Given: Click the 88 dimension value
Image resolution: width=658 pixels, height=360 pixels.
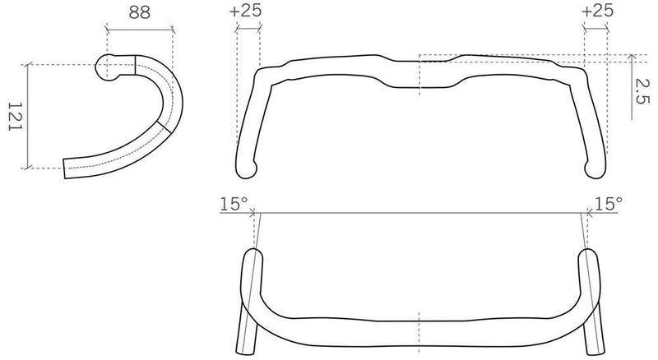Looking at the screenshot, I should pyautogui.click(x=139, y=12).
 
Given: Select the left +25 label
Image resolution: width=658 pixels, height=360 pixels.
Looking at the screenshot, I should pyautogui.click(x=248, y=12).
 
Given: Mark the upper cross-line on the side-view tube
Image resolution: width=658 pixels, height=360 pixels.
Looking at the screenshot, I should pyautogui.click(x=136, y=66).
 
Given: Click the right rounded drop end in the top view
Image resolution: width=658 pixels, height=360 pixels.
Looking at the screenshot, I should pyautogui.click(x=595, y=168).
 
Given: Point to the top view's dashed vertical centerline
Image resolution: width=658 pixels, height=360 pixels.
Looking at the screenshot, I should pyautogui.click(x=420, y=74).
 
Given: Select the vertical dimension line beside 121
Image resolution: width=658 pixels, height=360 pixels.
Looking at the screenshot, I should pyautogui.click(x=30, y=117).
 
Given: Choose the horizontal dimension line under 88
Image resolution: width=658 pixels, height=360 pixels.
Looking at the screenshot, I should pyautogui.click(x=139, y=30).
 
